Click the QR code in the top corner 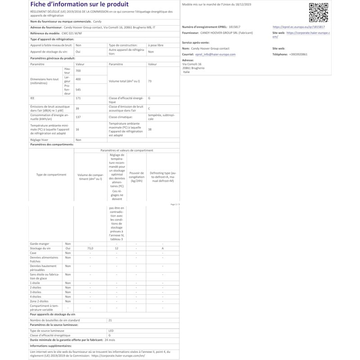[319, 12]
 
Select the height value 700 [78, 71]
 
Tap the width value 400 [78, 79]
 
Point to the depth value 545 [79, 90]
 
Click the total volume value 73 [150, 81]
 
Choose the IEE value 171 [78, 98]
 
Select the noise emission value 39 [77, 108]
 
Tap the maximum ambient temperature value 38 [150, 129]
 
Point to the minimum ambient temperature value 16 [77, 129]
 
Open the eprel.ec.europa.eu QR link [299, 27]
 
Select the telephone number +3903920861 [296, 54]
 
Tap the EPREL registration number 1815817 [234, 27]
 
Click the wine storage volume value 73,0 [90, 248]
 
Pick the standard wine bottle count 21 [110, 319]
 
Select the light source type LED [111, 330]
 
